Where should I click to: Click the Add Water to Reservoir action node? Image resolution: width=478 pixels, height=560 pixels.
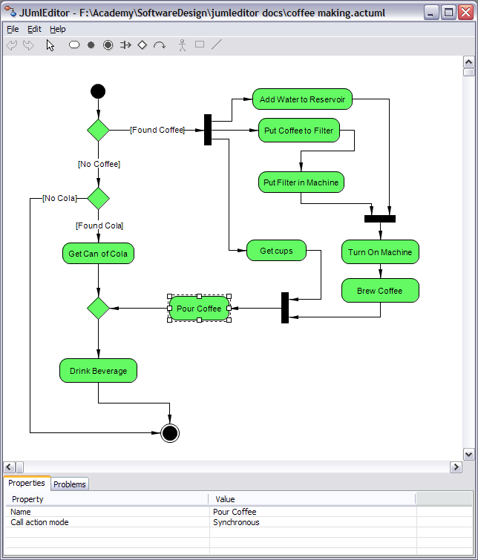[x=302, y=99]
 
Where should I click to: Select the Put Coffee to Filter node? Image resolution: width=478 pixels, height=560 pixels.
[x=299, y=131]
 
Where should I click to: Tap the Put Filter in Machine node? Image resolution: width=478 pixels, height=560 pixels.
[x=301, y=182]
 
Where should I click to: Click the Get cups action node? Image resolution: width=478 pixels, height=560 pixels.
[x=276, y=251]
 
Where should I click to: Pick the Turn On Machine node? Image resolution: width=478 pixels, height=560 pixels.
[x=380, y=251]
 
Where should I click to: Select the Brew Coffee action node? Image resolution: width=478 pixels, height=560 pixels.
[x=380, y=290]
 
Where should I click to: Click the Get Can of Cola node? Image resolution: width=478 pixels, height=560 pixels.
[x=98, y=254]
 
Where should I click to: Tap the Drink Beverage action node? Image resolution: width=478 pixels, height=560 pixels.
[x=98, y=371]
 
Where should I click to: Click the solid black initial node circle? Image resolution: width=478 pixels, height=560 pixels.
[x=98, y=91]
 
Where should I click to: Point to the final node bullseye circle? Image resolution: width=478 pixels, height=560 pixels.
[x=170, y=433]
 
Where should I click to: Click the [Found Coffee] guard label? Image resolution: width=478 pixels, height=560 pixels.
[x=157, y=130]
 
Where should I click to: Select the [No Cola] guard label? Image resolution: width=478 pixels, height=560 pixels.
[x=59, y=198]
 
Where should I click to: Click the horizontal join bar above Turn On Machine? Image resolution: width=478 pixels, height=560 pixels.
[x=380, y=219]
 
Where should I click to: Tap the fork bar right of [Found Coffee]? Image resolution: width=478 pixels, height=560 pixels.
[x=208, y=130]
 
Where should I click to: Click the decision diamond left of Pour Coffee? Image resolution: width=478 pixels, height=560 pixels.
[x=98, y=308]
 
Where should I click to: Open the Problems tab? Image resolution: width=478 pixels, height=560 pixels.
[x=70, y=484]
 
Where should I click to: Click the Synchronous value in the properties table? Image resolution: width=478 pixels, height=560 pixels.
[x=236, y=522]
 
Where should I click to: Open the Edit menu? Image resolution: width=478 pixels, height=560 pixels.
[x=34, y=29]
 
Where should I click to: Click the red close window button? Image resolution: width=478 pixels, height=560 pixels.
[x=466, y=13]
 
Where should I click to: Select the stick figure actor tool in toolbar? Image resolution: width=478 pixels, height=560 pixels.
[x=183, y=45]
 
